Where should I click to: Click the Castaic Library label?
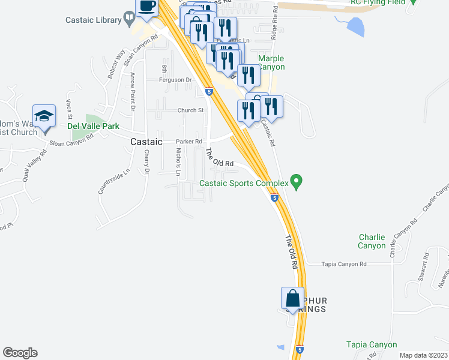click(93, 20)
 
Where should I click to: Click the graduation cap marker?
click(44, 116)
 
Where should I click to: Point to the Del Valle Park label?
click(93, 127)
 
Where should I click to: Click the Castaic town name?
click(146, 142)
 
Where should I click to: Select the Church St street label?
click(190, 110)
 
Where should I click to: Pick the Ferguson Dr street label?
click(175, 80)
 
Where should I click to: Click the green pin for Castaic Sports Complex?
click(295, 180)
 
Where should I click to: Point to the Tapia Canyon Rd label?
click(344, 264)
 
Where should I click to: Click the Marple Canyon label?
click(271, 62)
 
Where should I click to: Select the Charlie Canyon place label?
click(372, 241)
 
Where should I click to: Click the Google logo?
click(20, 353)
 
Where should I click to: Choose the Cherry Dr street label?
click(146, 162)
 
